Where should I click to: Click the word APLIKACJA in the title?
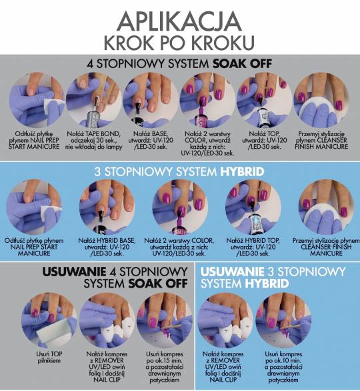[179, 21]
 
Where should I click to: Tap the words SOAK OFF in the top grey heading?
[242, 64]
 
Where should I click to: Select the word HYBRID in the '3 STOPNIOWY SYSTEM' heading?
[242, 171]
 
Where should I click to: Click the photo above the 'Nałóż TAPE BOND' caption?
[94, 100]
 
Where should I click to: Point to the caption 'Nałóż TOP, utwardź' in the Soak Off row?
[264, 140]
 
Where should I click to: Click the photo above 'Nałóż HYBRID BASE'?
[107, 207]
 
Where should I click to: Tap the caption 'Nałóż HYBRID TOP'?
[253, 247]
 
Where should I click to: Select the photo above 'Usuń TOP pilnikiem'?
[49, 320]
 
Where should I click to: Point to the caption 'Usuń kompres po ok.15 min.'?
[165, 367]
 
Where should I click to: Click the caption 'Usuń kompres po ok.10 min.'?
[283, 367]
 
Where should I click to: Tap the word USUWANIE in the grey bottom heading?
[74, 272]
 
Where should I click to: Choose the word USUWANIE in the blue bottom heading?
[232, 272]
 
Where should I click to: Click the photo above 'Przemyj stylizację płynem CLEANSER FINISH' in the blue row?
[327, 207]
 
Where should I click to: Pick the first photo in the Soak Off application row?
[37, 100]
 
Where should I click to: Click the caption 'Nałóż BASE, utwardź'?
[151, 140]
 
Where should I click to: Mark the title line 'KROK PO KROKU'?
[179, 43]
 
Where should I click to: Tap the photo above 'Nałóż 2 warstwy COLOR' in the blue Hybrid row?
[180, 207]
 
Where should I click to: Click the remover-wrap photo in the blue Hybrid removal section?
[225, 320]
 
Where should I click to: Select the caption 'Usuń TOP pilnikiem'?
[49, 358]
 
